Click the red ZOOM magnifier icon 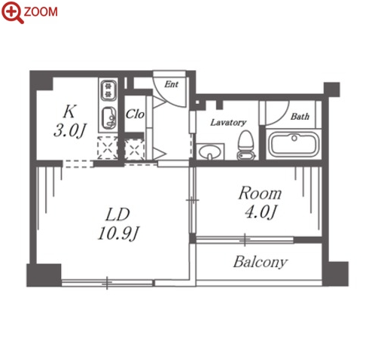click(12, 12)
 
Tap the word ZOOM click(41, 12)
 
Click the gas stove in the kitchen click(108, 90)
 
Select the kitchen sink click(109, 117)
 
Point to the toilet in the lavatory click(246, 145)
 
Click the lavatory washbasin click(210, 152)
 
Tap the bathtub click(294, 145)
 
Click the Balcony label click(261, 262)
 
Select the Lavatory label click(228, 122)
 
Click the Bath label click(300, 116)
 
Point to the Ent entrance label click(172, 84)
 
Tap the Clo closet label click(135, 114)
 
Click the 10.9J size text click(118, 233)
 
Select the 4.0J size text click(261, 212)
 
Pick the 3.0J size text click(70, 130)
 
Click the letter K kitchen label click(69, 111)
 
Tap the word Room click(260, 194)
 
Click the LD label click(117, 215)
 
